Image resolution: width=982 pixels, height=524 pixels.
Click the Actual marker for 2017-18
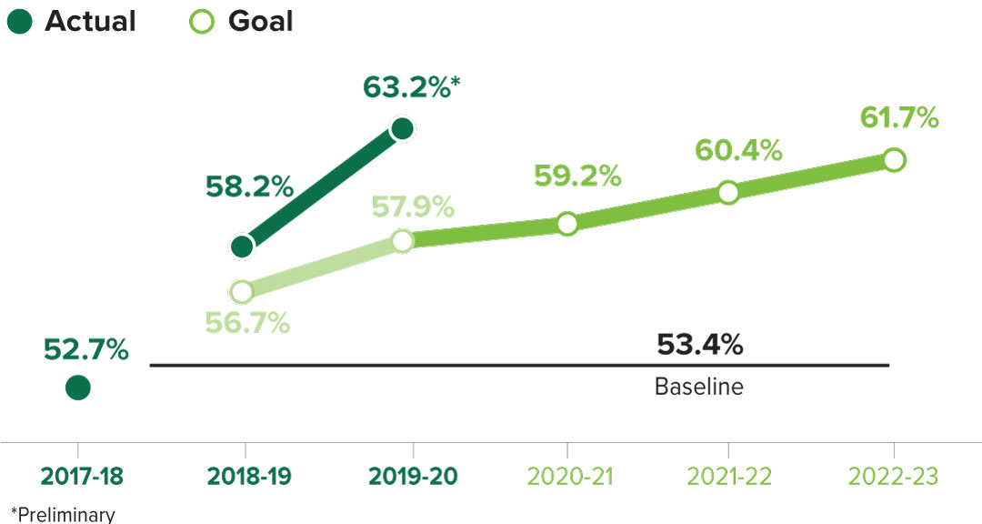(x=78, y=388)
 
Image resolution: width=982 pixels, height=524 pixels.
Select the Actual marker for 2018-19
(x=242, y=246)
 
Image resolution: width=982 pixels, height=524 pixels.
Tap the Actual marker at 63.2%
(x=402, y=129)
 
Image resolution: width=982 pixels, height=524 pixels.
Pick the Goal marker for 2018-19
(x=241, y=292)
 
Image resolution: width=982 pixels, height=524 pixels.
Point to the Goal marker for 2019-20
(x=403, y=241)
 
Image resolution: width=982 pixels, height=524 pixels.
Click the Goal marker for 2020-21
(x=567, y=224)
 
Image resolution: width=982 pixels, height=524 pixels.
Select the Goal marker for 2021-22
(x=728, y=192)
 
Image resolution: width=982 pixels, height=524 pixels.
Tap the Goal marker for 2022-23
(x=894, y=160)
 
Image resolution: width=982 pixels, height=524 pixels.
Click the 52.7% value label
(x=86, y=349)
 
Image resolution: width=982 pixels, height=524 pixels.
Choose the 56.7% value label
(x=246, y=322)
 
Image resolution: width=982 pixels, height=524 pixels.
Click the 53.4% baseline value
(x=699, y=346)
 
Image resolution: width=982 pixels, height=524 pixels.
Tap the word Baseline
(x=698, y=387)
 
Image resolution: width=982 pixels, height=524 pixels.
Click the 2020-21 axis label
(x=567, y=476)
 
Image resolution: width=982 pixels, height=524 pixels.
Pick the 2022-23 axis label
(x=893, y=476)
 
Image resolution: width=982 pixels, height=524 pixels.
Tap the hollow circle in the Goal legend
(x=203, y=22)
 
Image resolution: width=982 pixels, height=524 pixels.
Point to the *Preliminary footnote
(x=63, y=514)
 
